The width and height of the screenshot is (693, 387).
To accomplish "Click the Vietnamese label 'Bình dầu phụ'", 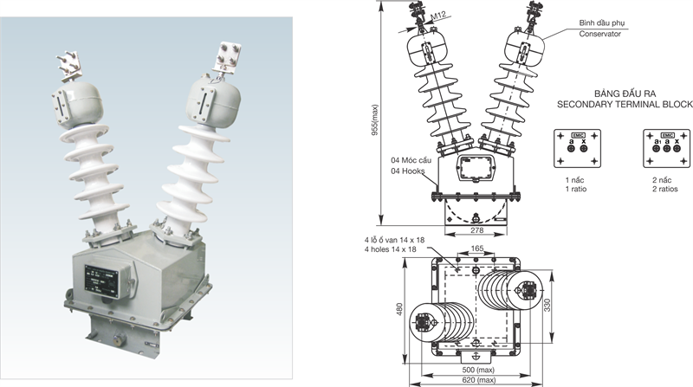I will [x=603, y=23].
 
